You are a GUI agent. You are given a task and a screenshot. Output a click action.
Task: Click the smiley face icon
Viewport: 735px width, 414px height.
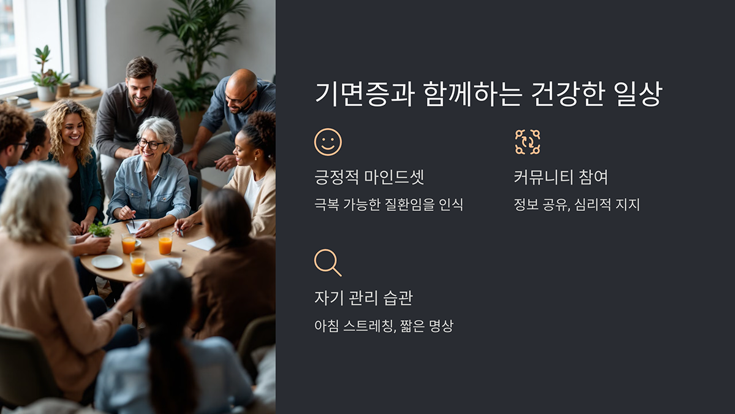pos(328,142)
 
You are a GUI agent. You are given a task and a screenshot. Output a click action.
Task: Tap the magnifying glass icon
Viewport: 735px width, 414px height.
pos(327,262)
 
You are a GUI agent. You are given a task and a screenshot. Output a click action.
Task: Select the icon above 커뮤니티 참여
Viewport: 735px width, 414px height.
pos(527,142)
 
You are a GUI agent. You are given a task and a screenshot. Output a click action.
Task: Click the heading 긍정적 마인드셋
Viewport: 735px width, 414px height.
pos(369,178)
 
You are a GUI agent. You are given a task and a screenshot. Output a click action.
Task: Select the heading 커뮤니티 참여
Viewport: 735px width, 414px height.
pos(560,178)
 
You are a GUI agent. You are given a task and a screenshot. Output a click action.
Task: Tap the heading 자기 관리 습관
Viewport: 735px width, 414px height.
pos(363,298)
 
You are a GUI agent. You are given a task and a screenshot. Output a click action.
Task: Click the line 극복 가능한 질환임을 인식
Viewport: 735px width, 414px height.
pos(388,205)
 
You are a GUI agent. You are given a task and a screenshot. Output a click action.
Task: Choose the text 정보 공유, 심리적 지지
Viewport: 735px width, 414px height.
pos(576,205)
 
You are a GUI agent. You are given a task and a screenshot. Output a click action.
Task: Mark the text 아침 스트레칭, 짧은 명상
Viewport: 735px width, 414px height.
pos(383,326)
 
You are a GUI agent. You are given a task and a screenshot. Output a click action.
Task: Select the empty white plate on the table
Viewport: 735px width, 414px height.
pos(107,261)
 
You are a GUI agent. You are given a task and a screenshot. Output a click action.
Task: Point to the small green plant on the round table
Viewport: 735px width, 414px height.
pos(100,230)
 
